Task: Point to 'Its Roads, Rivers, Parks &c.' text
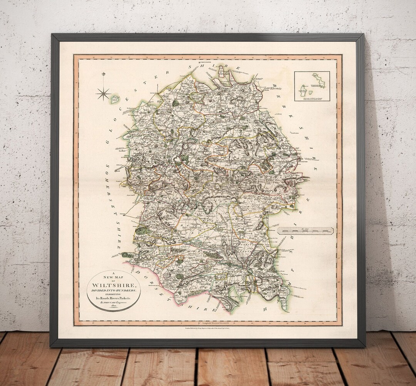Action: point(114,298)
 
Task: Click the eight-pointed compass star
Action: point(103,93)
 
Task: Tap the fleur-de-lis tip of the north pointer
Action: point(103,74)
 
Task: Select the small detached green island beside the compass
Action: point(114,100)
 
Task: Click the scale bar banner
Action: point(307,231)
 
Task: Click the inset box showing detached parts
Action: point(312,86)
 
